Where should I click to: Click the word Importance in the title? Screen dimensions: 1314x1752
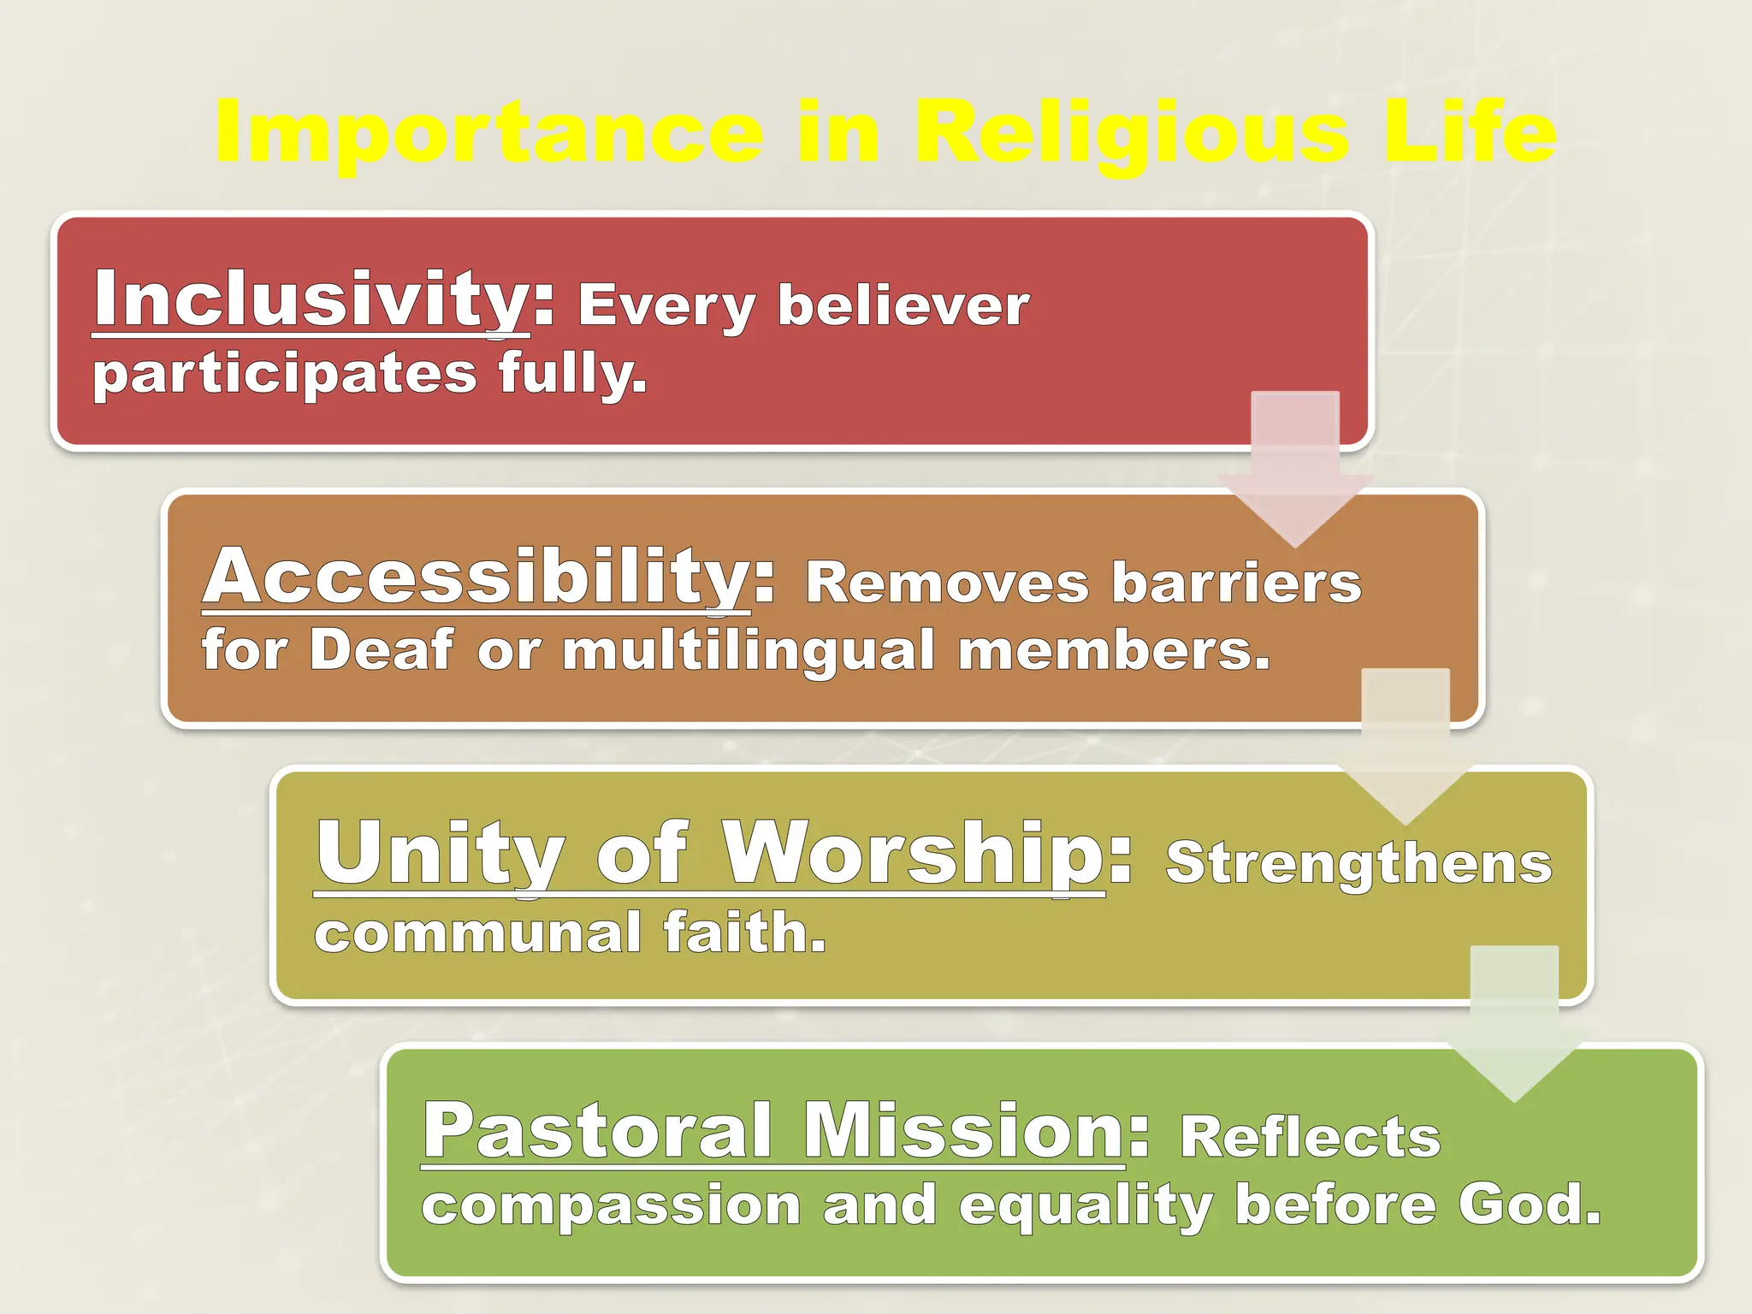point(488,133)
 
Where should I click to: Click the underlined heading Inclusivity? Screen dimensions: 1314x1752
point(311,299)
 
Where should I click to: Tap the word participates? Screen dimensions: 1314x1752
point(284,375)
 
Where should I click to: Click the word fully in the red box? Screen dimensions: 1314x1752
point(571,375)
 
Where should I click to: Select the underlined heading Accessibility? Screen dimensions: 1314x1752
point(476,577)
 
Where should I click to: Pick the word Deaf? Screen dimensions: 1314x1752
point(382,650)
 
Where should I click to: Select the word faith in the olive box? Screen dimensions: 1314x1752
point(744,932)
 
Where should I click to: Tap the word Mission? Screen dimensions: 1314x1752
point(963,1130)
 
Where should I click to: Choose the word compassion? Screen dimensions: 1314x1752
point(611,1206)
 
